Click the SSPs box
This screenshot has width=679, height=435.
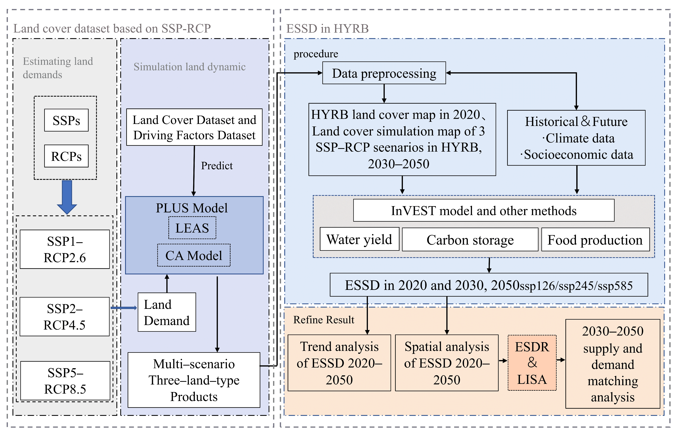[66, 120]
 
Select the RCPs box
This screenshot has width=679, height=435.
[66, 156]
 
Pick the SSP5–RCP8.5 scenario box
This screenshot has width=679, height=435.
[65, 381]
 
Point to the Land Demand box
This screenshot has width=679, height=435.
[167, 312]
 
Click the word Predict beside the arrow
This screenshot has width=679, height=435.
[217, 166]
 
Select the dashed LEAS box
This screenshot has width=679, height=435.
[192, 228]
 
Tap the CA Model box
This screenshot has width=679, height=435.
[194, 255]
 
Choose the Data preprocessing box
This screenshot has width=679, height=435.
[384, 73]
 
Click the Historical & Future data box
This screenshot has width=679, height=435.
[576, 138]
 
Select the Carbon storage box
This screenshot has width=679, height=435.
[470, 240]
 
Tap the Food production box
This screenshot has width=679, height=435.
[595, 240]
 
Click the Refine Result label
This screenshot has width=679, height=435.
[324, 320]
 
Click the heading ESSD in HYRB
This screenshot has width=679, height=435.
[327, 29]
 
